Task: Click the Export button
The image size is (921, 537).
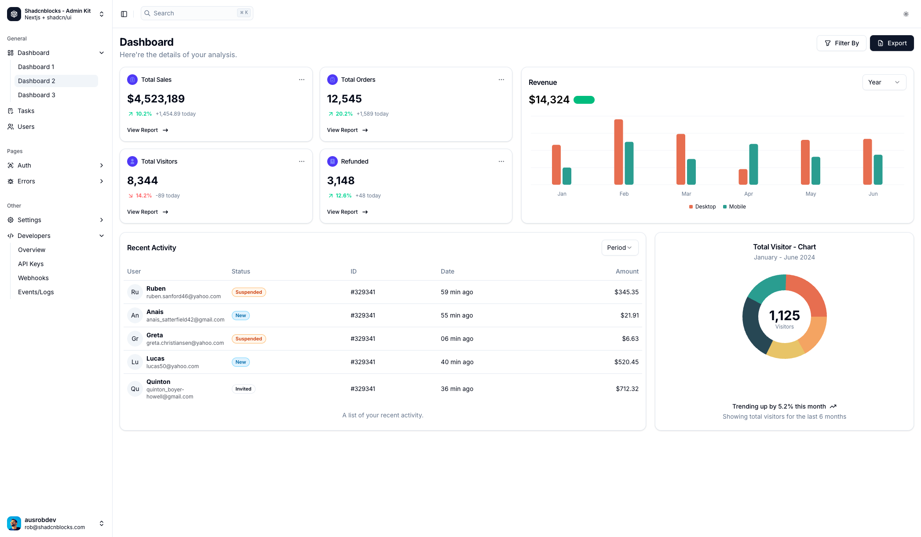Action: [x=892, y=43]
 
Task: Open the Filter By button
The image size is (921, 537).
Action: [x=841, y=43]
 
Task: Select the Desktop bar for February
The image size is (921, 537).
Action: [x=618, y=152]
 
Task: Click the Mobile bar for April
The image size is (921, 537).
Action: [x=753, y=164]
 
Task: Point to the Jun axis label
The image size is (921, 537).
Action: [x=873, y=194]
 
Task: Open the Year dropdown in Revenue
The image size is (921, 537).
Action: [x=884, y=82]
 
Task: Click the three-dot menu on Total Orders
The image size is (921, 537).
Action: [x=501, y=80]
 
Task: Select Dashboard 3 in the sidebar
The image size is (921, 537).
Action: [x=37, y=95]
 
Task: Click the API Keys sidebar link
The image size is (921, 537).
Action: [x=31, y=264]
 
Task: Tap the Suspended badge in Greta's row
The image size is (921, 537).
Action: [x=249, y=339]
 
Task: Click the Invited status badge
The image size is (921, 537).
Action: [x=243, y=389]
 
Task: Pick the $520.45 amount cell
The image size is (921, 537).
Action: [x=626, y=362]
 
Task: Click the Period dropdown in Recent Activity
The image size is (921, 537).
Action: [x=619, y=248]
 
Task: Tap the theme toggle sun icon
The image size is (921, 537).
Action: [x=906, y=14]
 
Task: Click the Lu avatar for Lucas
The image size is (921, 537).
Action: [x=135, y=362]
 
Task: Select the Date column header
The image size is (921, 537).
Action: [x=447, y=271]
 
